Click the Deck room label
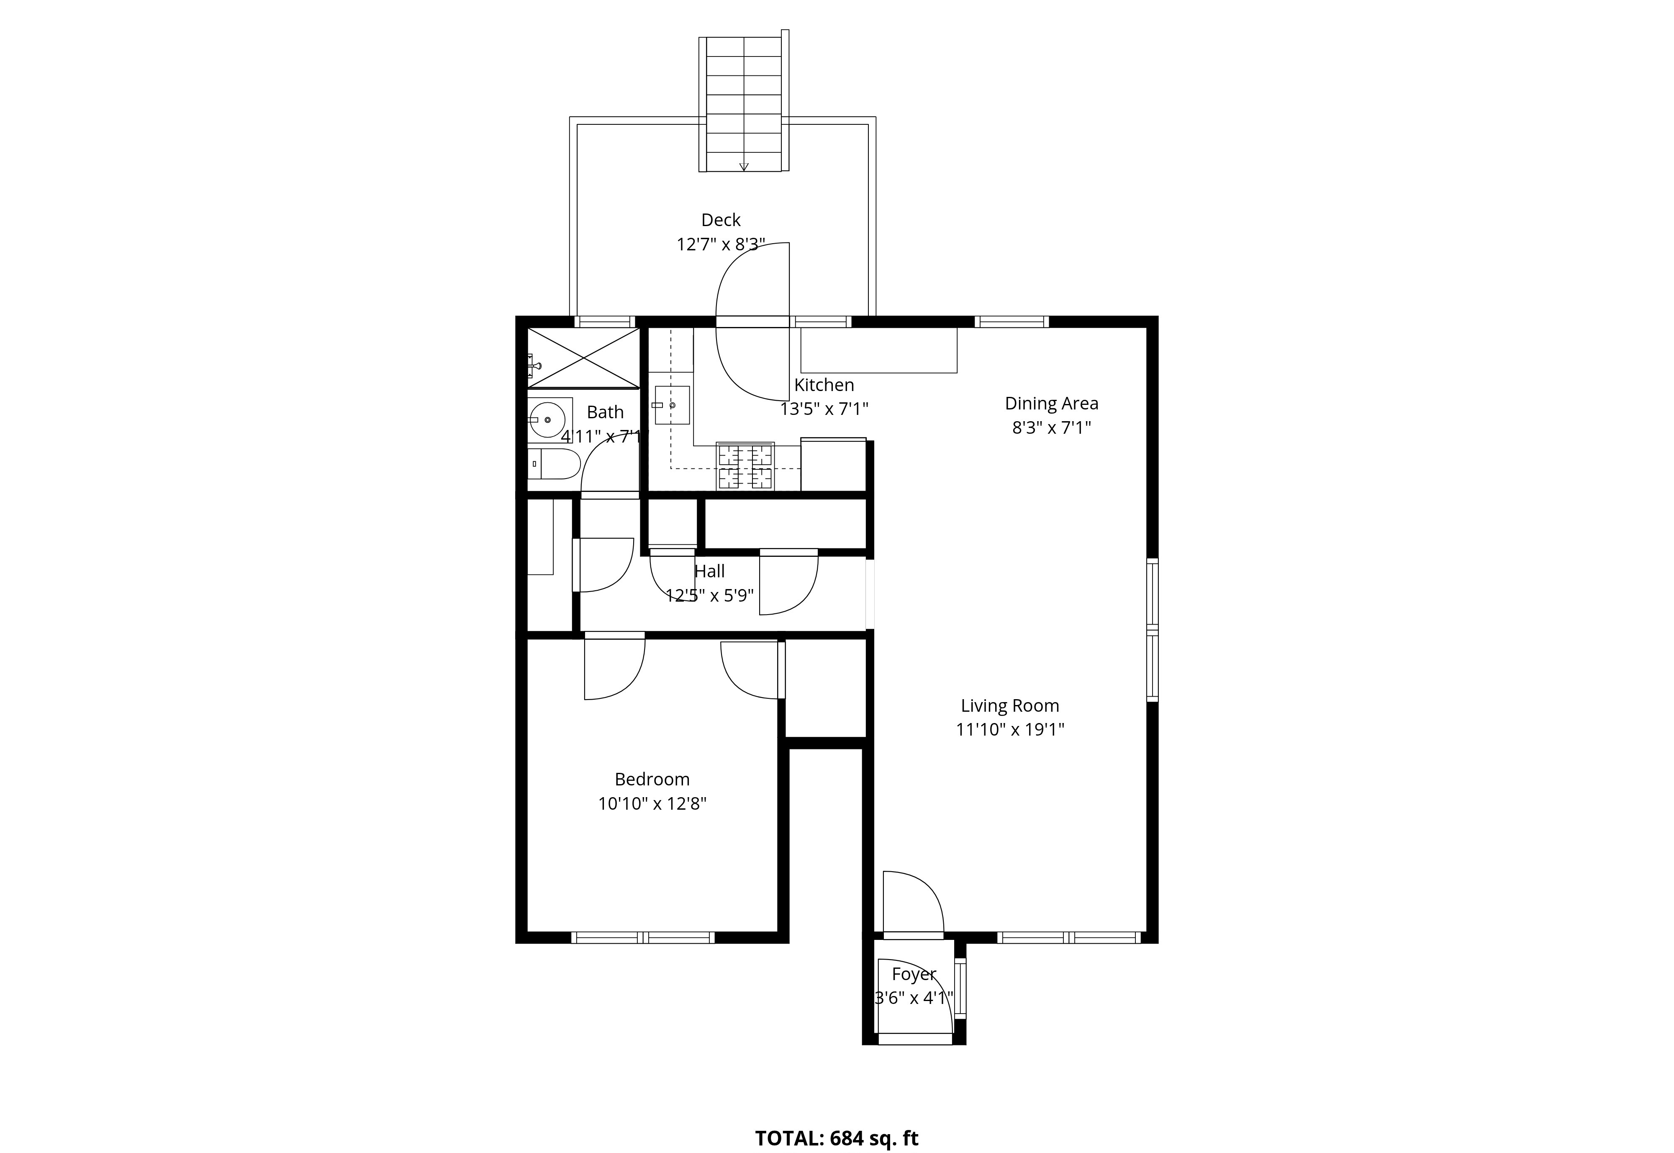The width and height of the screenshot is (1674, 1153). pyautogui.click(x=721, y=220)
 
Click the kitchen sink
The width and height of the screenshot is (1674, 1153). pyautogui.click(x=672, y=405)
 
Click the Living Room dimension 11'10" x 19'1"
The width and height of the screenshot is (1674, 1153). pyautogui.click(x=1009, y=730)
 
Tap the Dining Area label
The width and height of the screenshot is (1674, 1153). pyautogui.click(x=1052, y=403)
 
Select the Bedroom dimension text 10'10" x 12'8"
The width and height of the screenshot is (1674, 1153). pyautogui.click(x=652, y=803)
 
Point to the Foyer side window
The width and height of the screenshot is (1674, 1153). pyautogui.click(x=960, y=988)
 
